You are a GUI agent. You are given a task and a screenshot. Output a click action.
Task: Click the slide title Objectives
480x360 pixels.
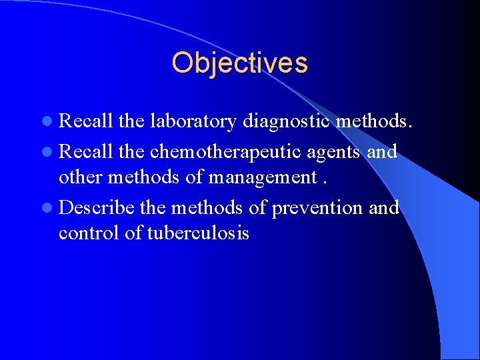click(239, 63)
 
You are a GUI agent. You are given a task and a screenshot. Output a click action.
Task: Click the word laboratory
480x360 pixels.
click(193, 121)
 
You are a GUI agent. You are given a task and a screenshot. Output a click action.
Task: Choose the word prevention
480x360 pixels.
click(317, 208)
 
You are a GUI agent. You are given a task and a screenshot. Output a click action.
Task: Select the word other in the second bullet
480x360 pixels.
click(77, 177)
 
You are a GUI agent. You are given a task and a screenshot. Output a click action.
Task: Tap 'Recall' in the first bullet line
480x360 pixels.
click(86, 121)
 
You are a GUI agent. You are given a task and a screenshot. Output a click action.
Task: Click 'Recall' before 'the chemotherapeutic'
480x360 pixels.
click(86, 151)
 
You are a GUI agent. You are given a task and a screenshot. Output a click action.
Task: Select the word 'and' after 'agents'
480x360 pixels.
click(383, 151)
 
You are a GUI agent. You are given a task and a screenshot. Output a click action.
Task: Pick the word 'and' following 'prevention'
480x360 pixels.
click(384, 207)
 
